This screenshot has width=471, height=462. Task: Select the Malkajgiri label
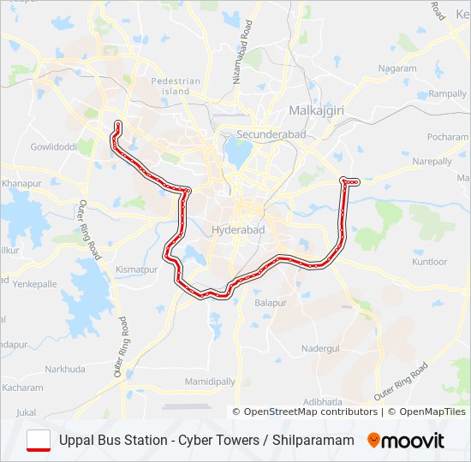pos(315,111)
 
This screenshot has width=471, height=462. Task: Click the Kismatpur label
pos(138,269)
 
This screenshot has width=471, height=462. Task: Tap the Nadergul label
pos(321,349)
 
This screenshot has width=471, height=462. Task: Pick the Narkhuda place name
pos(64,369)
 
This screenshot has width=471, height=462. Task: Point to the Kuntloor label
pos(429,262)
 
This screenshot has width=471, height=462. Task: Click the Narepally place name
pos(432,161)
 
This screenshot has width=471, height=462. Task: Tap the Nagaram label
pos(397,68)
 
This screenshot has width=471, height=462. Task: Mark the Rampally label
pos(447,93)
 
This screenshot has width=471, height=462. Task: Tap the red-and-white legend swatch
pos(39,440)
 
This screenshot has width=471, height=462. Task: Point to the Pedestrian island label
pos(176,86)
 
